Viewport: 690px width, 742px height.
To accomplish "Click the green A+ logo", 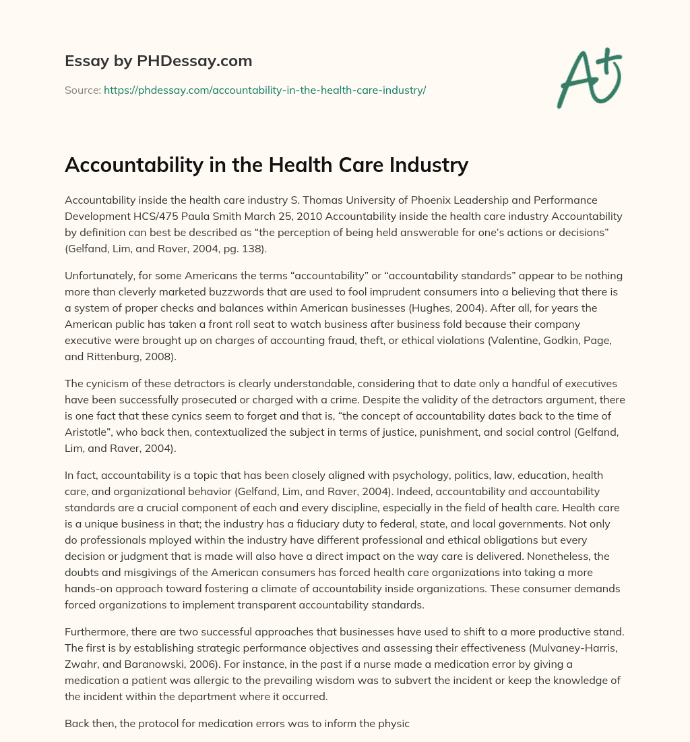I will (588, 78).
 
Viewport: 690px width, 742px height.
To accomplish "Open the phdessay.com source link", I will (265, 90).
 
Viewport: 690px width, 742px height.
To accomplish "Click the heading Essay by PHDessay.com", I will (158, 61).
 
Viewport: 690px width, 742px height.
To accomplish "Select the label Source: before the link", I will (82, 90).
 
